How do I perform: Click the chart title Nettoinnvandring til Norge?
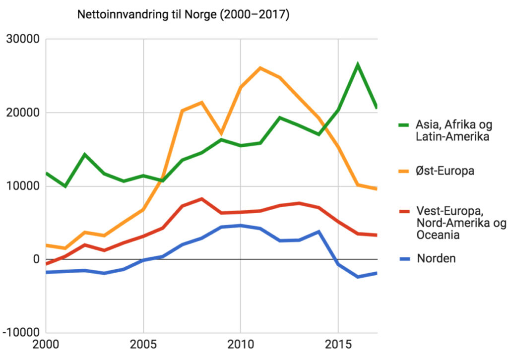pos(183,15)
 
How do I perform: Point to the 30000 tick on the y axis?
pos(22,39)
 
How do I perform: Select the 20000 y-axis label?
pos(22,113)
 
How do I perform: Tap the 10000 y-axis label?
pos(22,186)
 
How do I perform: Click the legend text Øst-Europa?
pos(445,171)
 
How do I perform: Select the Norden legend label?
pos(436,258)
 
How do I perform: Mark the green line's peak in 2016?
pos(357,64)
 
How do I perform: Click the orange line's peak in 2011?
pos(260,68)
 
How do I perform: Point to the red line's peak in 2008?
pos(201,199)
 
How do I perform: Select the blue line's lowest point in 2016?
pos(357,277)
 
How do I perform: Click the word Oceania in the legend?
pos(438,235)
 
